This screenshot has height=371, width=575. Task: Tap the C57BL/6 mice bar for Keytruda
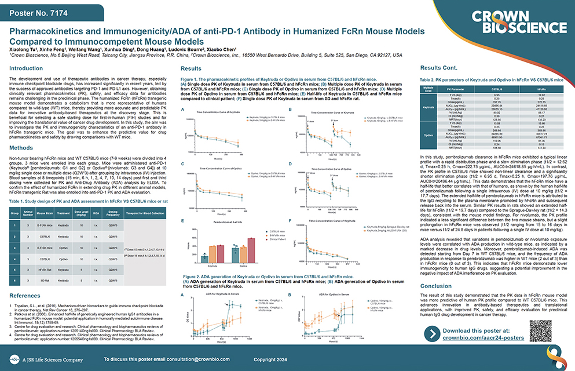[204, 259]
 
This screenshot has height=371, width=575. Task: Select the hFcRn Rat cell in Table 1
[46, 270]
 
